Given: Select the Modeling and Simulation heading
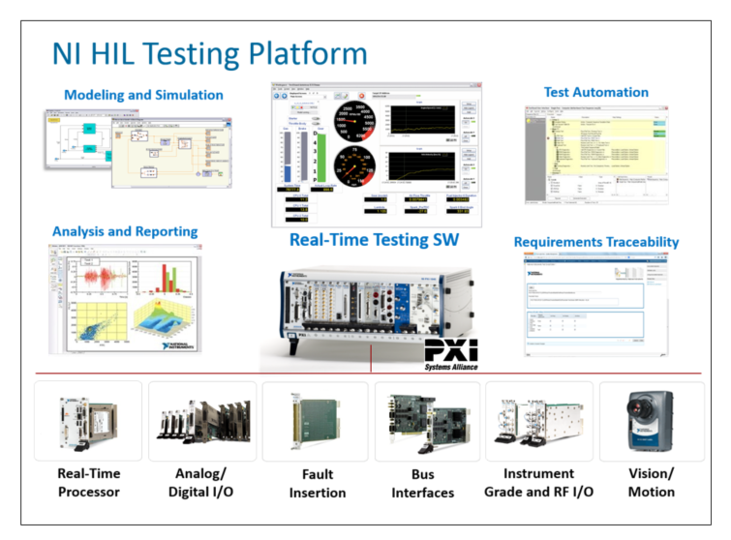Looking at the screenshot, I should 143,95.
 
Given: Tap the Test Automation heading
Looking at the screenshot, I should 595,93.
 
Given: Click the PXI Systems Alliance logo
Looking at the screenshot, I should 450,354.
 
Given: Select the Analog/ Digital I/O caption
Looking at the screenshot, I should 198,483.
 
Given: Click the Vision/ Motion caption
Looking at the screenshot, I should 651,483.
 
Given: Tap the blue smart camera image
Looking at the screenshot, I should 651,421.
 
